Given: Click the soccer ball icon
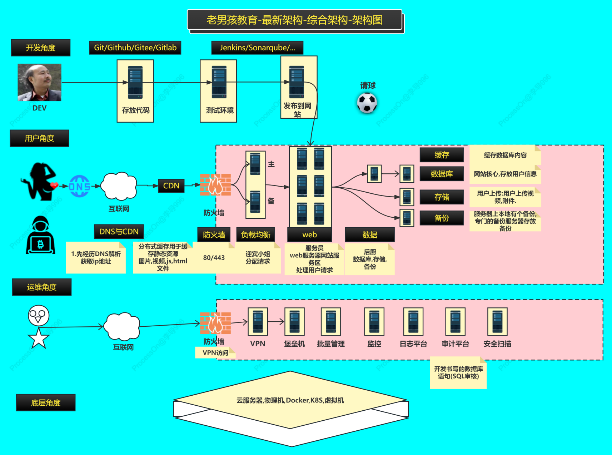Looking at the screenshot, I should [367, 103].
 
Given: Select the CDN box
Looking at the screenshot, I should [171, 186].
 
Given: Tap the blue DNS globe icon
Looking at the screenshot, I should [79, 186].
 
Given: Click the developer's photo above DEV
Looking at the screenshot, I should [39, 82].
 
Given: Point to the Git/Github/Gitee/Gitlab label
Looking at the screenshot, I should [135, 48].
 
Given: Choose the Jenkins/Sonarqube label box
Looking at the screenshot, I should [257, 48].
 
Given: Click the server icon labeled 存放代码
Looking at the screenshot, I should [135, 83].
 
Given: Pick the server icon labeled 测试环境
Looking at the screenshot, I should [219, 82].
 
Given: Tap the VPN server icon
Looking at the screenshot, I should [258, 322].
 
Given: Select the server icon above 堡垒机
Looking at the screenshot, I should [294, 322].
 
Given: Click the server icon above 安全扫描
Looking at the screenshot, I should [497, 322].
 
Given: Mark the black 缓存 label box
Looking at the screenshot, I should [442, 155].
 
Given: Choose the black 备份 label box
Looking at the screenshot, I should [442, 218].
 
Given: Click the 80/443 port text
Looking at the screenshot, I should [214, 258].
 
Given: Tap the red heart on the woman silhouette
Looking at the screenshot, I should [54, 185].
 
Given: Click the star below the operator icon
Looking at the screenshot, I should [39, 338].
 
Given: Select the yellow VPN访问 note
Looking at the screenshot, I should [215, 353].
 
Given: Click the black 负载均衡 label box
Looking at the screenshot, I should [255, 235].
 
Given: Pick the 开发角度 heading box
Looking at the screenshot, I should [41, 48].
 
